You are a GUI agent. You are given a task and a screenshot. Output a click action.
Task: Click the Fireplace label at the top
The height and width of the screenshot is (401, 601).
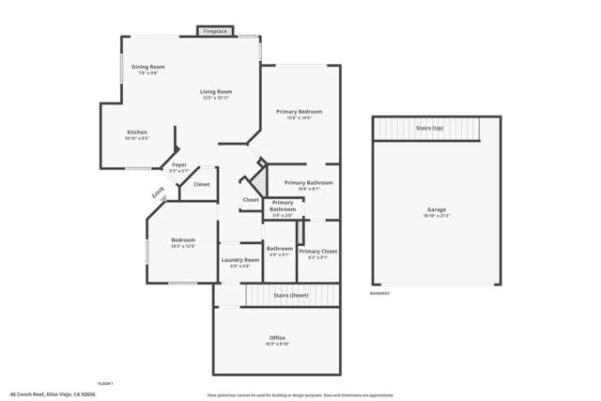click(215, 32)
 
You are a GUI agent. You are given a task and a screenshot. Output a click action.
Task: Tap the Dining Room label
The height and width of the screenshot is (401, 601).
click(147, 67)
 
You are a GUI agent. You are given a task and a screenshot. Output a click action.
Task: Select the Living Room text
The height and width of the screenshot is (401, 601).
click(215, 91)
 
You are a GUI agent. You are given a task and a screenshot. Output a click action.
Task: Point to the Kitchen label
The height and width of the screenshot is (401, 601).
click(137, 132)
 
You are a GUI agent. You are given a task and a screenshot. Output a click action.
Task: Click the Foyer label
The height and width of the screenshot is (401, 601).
click(178, 164)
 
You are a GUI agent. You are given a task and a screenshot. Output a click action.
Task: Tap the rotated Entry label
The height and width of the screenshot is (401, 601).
click(159, 193)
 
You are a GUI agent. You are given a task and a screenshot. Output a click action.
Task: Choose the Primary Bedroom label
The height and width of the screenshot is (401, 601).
click(293, 112)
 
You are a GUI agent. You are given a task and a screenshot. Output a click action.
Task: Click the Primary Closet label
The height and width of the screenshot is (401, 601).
click(317, 251)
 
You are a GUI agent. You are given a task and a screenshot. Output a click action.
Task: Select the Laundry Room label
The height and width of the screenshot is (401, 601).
click(239, 260)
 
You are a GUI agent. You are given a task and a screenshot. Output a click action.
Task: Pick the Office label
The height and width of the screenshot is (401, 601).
click(277, 337)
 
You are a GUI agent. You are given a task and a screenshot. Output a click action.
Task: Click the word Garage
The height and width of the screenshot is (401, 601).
click(436, 209)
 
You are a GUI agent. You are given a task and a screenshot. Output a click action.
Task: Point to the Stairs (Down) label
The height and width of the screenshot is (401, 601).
click(291, 295)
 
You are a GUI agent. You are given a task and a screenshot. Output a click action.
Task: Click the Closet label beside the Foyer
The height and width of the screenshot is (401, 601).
click(202, 184)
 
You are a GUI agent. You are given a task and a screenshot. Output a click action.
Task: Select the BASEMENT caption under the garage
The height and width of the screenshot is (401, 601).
click(380, 293)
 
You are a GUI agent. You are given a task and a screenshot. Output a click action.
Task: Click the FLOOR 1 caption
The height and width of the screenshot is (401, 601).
click(105, 383)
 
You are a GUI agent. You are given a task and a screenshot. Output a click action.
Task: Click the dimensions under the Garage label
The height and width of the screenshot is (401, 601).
click(436, 216)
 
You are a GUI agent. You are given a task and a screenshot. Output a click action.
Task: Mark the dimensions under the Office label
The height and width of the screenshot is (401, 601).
click(277, 344)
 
